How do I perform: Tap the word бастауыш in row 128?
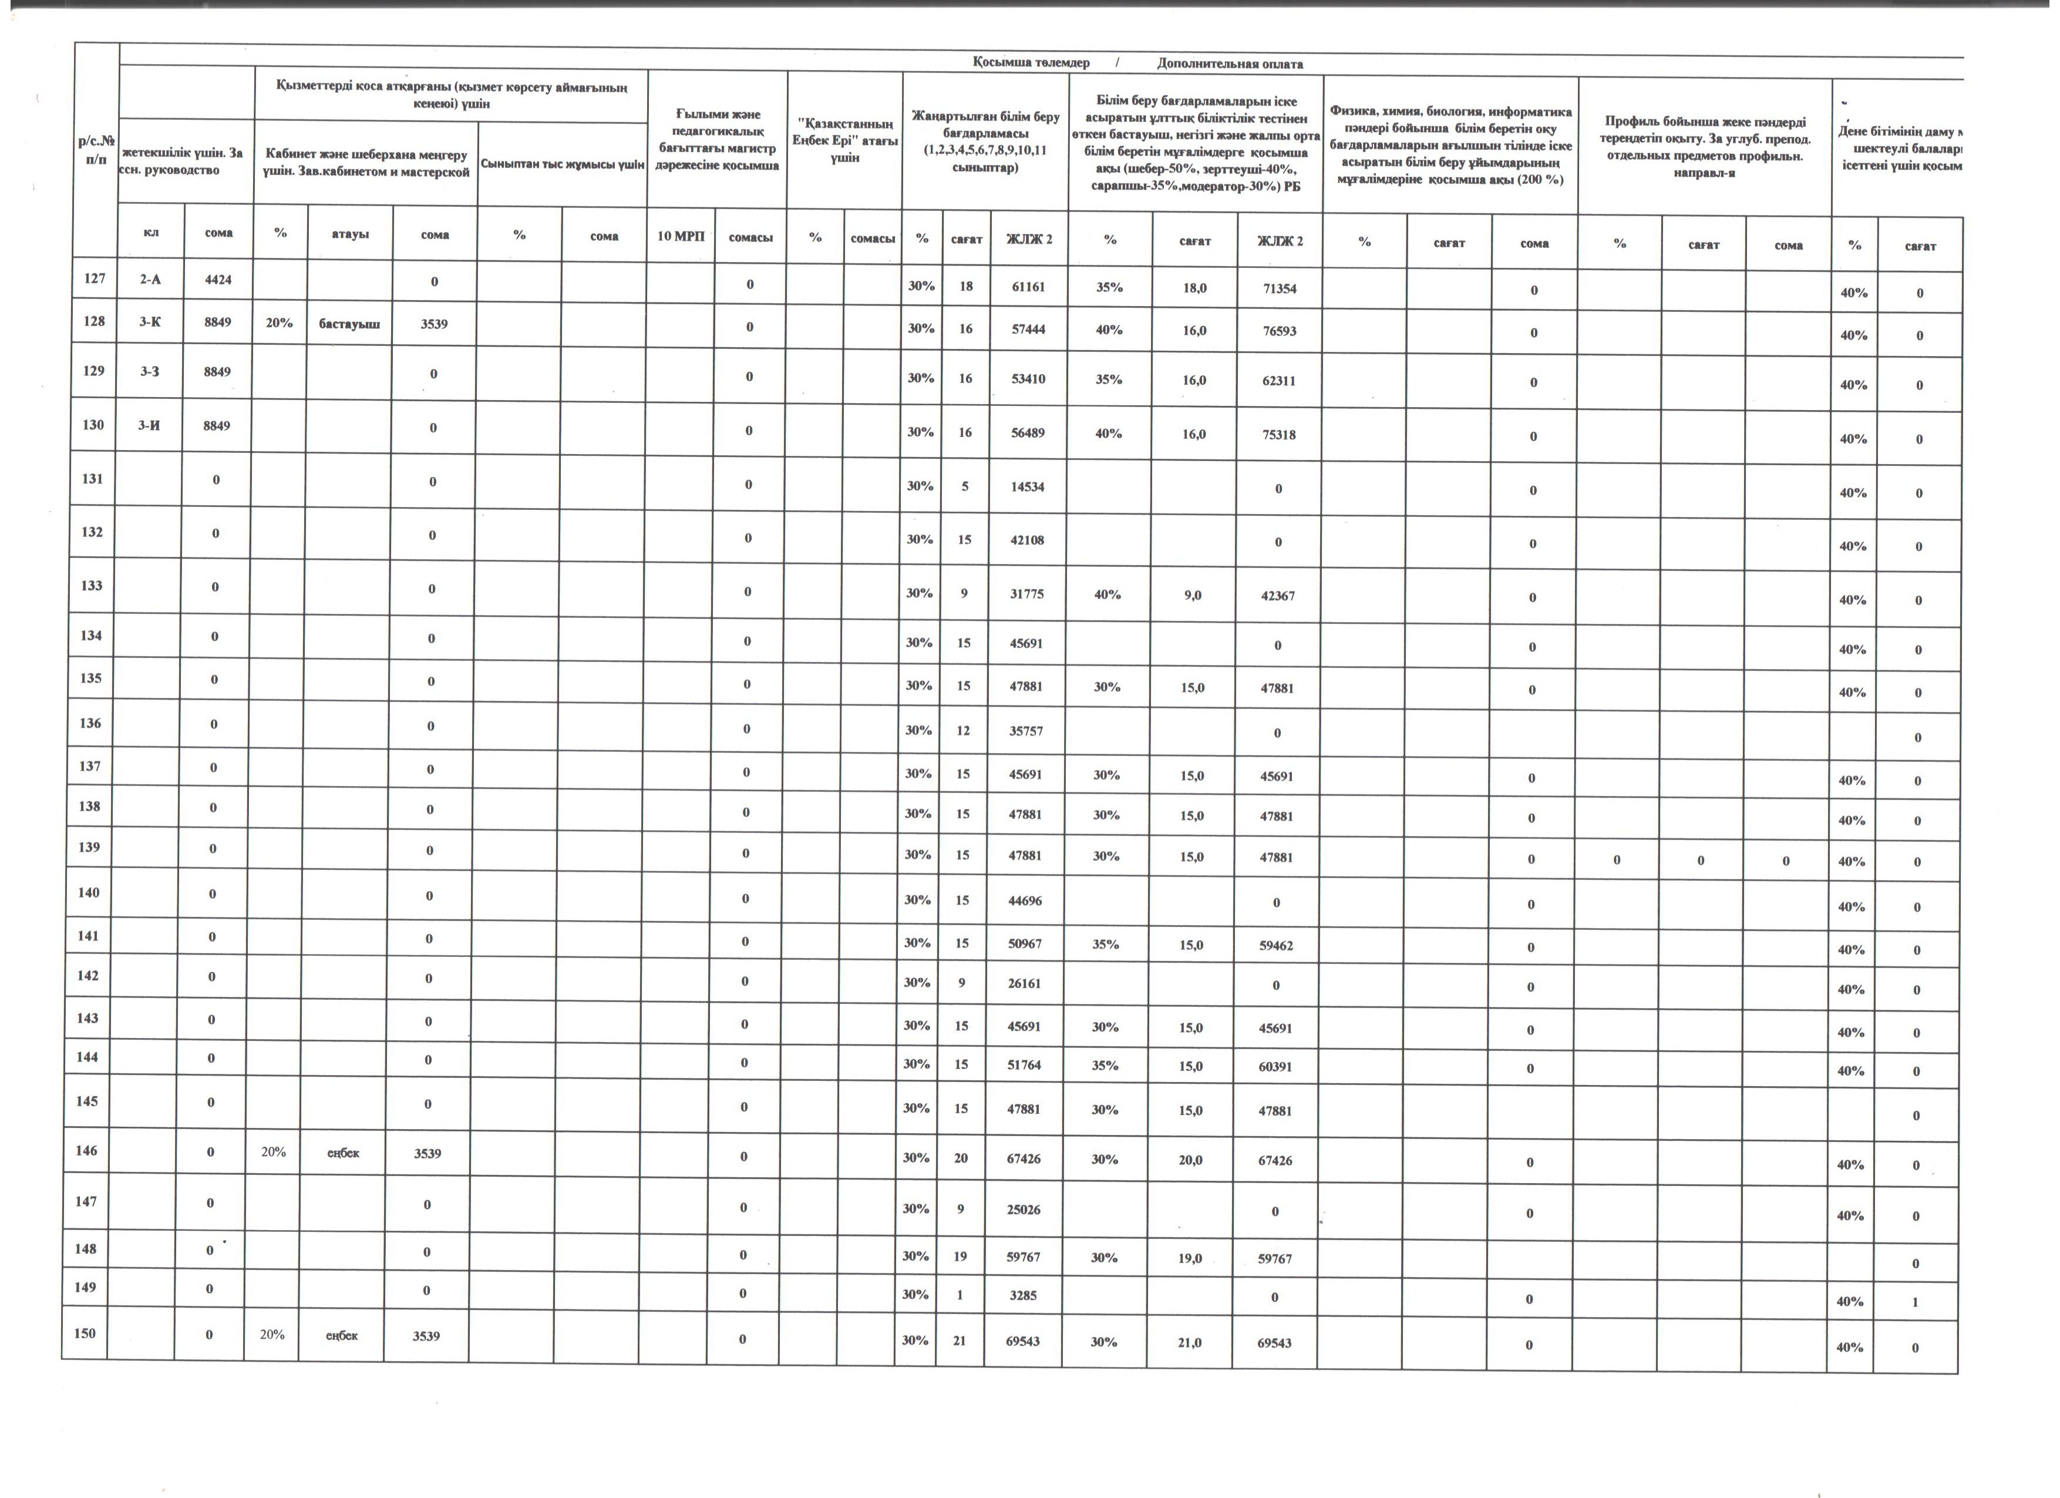point(349,324)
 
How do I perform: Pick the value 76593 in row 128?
point(1279,331)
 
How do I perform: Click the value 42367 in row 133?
point(1278,596)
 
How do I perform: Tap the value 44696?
point(1025,900)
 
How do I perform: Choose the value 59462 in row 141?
point(1276,946)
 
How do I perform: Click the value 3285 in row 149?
point(1023,1295)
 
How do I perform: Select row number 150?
point(85,1334)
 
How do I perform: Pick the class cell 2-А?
point(151,280)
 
